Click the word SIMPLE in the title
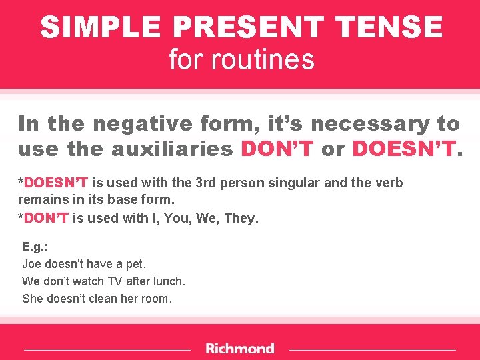pos(101,28)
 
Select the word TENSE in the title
pos(390,28)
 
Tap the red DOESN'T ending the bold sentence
pos(403,149)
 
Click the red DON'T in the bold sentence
pos(277,149)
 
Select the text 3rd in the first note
pos(203,183)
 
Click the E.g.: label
pos(35,247)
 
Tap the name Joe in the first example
pos(32,264)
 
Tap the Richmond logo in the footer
pos(239,349)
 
